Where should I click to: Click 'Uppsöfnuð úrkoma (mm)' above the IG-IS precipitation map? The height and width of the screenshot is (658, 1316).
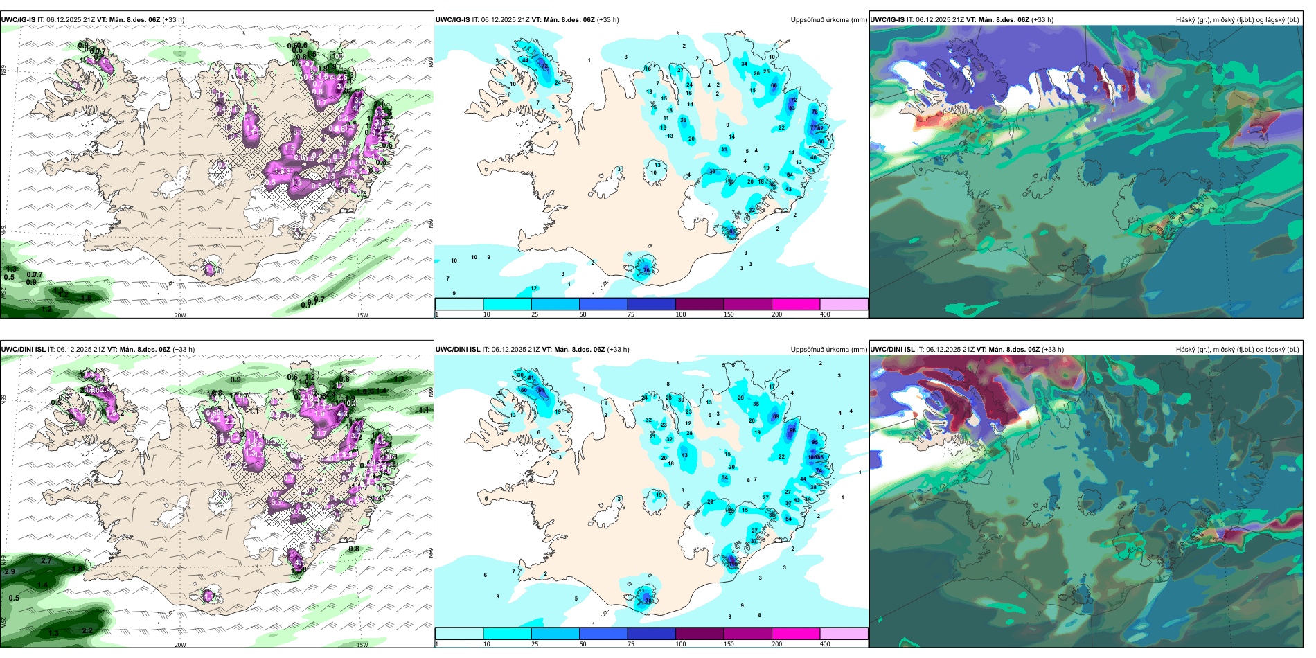tap(828, 20)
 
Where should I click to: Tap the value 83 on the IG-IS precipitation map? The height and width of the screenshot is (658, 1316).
tap(792, 109)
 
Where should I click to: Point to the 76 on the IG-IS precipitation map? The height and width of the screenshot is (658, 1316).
tap(646, 269)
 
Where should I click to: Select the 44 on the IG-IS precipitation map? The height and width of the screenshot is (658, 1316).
tap(526, 60)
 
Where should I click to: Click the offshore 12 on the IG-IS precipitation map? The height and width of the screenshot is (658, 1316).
tap(534, 288)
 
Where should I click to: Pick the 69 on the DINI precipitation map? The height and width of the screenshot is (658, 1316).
tap(776, 417)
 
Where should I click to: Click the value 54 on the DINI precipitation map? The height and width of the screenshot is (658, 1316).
tap(788, 519)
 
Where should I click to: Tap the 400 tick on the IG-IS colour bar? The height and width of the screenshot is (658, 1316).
tap(825, 314)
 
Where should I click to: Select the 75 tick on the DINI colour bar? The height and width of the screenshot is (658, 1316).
tap(631, 644)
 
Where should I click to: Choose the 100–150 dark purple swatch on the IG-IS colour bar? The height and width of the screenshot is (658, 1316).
tap(700, 304)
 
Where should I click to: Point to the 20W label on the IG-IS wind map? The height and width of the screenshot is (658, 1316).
tap(180, 315)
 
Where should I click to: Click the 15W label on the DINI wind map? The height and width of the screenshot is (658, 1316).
tap(362, 645)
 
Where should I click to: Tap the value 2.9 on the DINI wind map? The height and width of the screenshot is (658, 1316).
tap(9, 572)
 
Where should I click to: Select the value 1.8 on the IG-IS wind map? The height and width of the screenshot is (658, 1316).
tap(86, 299)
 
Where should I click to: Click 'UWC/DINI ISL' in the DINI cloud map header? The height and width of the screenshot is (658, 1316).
tap(892, 350)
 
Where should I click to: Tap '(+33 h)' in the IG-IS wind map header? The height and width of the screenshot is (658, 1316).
tap(173, 20)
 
